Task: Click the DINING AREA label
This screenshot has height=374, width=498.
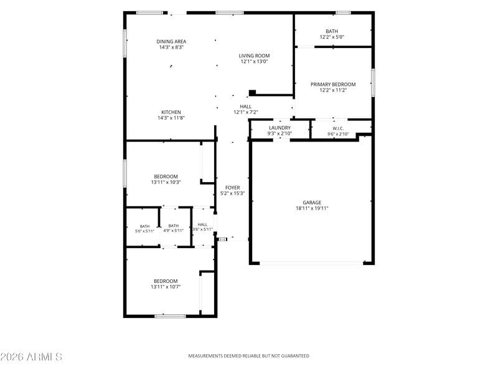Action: click(171, 41)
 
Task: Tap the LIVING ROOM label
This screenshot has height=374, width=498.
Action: click(254, 55)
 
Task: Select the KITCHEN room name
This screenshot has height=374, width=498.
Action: click(171, 112)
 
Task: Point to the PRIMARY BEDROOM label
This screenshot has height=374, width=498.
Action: click(333, 84)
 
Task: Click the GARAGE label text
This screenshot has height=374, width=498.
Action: click(312, 203)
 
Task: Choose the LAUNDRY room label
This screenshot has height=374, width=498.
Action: click(280, 128)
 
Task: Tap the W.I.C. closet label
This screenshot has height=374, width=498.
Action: click(338, 128)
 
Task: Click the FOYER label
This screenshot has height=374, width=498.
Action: click(232, 188)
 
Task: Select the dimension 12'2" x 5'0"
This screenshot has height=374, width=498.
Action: click(332, 37)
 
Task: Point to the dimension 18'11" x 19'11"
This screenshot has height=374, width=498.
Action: click(312, 208)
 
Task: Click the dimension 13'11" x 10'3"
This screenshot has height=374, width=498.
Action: click(166, 182)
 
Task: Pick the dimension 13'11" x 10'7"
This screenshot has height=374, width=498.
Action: click(166, 287)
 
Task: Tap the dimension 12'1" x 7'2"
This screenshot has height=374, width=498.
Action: click(245, 112)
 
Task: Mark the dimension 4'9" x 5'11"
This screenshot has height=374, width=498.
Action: click(174, 231)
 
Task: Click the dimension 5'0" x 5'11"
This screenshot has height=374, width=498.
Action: click(144, 231)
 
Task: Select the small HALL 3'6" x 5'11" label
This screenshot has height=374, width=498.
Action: click(202, 227)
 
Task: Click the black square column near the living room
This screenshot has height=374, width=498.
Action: click(252, 93)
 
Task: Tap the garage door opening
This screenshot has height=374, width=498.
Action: click(311, 263)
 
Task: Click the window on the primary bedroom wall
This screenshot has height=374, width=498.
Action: click(373, 82)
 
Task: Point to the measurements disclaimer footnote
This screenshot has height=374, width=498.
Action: click(248, 356)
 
